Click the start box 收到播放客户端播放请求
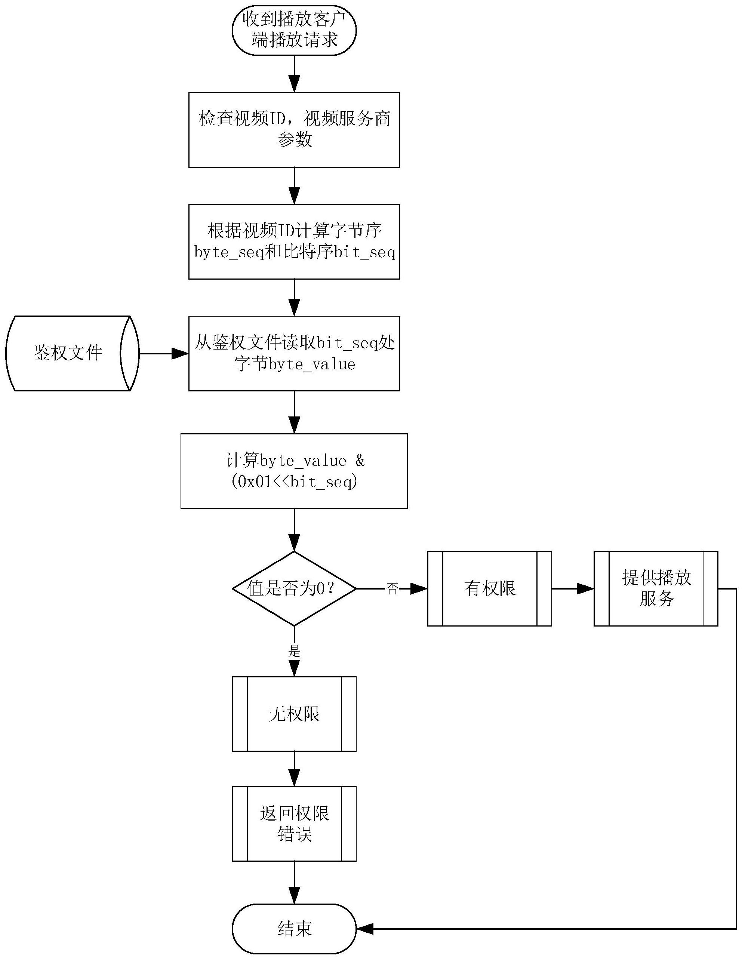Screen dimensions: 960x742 (294, 30)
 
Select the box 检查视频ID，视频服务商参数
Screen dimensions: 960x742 (294, 130)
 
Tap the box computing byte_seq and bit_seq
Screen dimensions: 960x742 (294, 241)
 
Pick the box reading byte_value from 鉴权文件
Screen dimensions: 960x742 (294, 353)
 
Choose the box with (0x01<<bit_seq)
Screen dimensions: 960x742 (294, 471)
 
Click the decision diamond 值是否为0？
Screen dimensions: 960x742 (294, 588)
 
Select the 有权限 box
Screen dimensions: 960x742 (489, 588)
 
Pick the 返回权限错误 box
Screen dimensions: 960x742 (294, 823)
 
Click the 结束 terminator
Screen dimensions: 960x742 (294, 929)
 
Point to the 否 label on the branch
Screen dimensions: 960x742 (392, 588)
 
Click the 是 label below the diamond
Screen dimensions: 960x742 (294, 651)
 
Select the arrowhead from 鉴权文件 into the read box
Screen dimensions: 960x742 (180, 353)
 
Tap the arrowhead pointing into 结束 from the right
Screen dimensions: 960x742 (365, 929)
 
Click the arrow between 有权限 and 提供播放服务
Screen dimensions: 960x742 (572, 588)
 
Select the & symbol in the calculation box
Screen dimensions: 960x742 (360, 460)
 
